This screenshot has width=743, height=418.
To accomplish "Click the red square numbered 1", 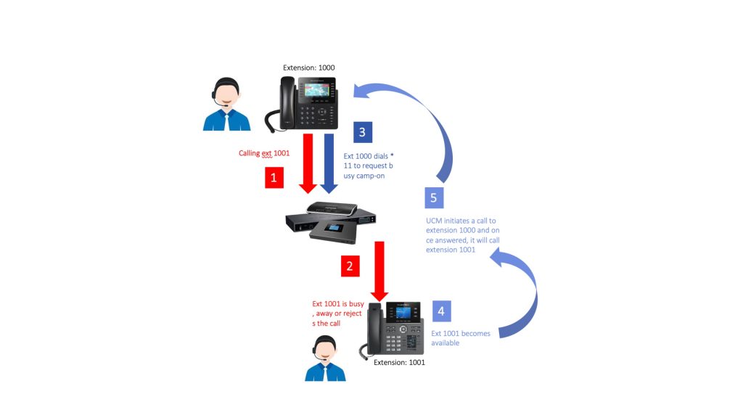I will pos(274,177).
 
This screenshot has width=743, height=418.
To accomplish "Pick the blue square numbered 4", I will pos(442,311).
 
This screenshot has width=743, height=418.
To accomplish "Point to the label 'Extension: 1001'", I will pos(399,361).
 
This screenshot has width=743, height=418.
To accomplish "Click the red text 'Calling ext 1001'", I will pos(266,153).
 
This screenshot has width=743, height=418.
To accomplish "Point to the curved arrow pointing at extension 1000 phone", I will pos(421,123).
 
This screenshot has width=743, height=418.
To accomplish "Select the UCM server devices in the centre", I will pos(332,222).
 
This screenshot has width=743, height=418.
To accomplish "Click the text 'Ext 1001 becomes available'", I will pos(461,338).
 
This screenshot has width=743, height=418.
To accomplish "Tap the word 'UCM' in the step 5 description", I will pos(435,220).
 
